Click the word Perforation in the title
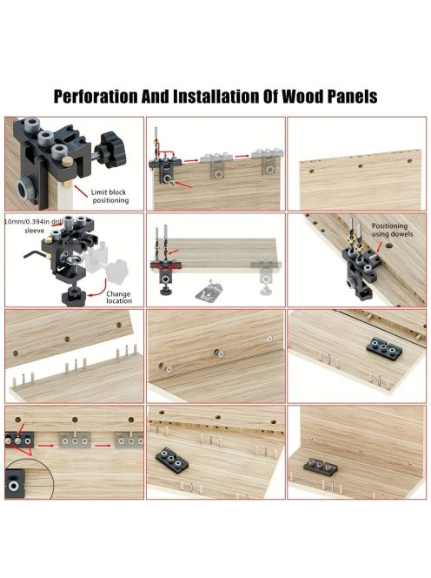click(96, 97)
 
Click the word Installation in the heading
click(216, 97)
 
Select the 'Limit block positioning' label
click(109, 196)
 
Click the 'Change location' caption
click(119, 297)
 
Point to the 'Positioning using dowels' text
click(392, 230)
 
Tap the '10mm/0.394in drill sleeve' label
click(34, 226)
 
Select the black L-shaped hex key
click(34, 255)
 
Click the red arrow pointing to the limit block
click(83, 191)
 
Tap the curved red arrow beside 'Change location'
click(96, 290)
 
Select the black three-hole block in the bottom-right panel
click(322, 466)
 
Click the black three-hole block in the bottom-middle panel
click(173, 460)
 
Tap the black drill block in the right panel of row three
click(384, 347)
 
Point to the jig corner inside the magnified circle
click(15, 483)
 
